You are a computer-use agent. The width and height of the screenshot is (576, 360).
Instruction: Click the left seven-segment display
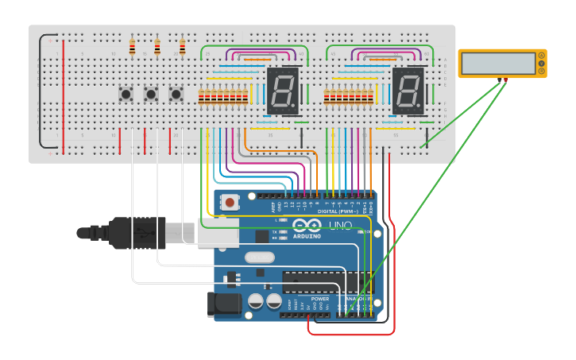pos(283,91)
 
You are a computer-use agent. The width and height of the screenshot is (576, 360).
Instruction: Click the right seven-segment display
pos(408,91)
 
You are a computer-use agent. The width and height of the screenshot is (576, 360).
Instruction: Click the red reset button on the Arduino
pos(230,203)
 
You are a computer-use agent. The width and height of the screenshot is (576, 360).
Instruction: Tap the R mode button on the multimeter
pos(542,72)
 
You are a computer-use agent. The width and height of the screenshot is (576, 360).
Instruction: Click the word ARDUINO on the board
pos(307,236)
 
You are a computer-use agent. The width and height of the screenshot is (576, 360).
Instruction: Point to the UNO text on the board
pos(341,226)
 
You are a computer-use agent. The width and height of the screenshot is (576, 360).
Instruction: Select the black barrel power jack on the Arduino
pos(225,304)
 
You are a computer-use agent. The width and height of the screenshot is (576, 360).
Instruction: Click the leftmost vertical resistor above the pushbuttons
pos(132,48)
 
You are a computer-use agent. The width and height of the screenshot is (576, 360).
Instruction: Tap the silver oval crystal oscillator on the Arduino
pos(259,257)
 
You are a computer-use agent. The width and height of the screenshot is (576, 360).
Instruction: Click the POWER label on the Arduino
pos(331,299)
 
